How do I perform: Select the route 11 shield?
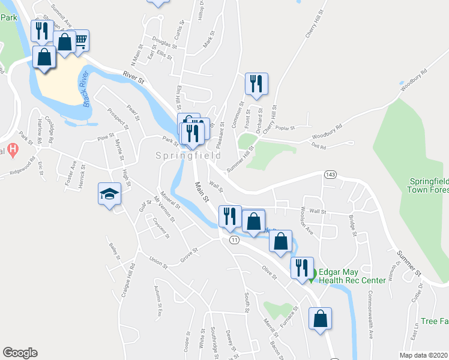(234, 239)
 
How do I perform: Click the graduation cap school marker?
(110, 193)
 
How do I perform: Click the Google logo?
(20, 352)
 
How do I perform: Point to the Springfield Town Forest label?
(429, 185)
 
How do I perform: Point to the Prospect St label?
(118, 118)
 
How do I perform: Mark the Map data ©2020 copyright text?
(424, 355)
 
